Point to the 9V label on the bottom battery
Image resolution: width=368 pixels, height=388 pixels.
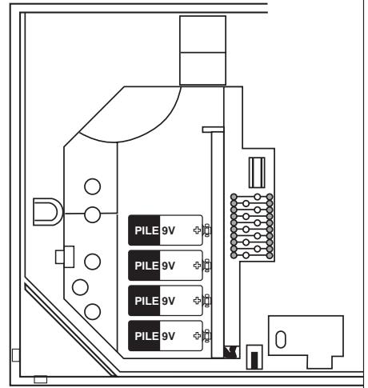(x=168, y=334)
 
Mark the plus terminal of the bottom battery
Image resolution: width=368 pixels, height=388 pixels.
(x=197, y=334)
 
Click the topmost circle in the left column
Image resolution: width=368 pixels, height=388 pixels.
(x=93, y=186)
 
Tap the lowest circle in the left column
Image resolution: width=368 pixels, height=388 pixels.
(x=93, y=311)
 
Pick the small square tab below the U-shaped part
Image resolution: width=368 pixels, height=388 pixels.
(x=64, y=256)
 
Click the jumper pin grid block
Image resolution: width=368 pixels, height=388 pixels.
(x=252, y=224)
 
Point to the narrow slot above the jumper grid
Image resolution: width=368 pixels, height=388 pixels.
(x=257, y=171)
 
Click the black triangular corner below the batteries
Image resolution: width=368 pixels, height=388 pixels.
(x=232, y=351)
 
